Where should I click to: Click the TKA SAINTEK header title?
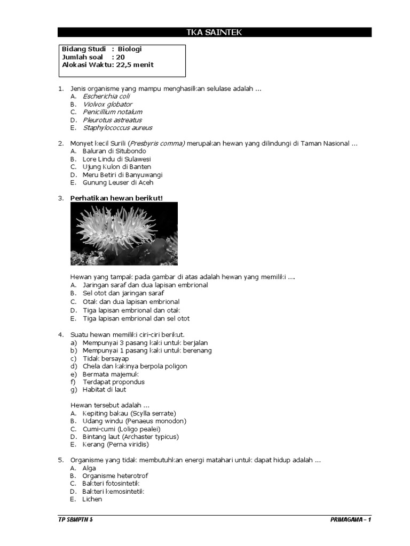tap(214, 33)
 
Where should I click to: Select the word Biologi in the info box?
tap(130, 49)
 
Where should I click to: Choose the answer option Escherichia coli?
tap(106, 96)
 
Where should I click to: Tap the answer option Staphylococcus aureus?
tap(117, 128)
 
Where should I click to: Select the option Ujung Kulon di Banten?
tap(117, 167)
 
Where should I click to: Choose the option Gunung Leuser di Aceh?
tap(118, 183)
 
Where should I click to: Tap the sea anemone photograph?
tap(124, 234)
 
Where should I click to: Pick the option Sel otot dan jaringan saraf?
tap(123, 293)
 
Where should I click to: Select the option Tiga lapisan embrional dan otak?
tap(132, 310)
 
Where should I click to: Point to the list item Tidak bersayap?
tap(106, 359)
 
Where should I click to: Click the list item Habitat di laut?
tap(105, 390)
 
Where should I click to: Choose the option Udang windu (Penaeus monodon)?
tap(134, 421)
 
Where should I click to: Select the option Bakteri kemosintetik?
tap(113, 492)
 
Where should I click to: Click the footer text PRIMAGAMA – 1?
tap(350, 519)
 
